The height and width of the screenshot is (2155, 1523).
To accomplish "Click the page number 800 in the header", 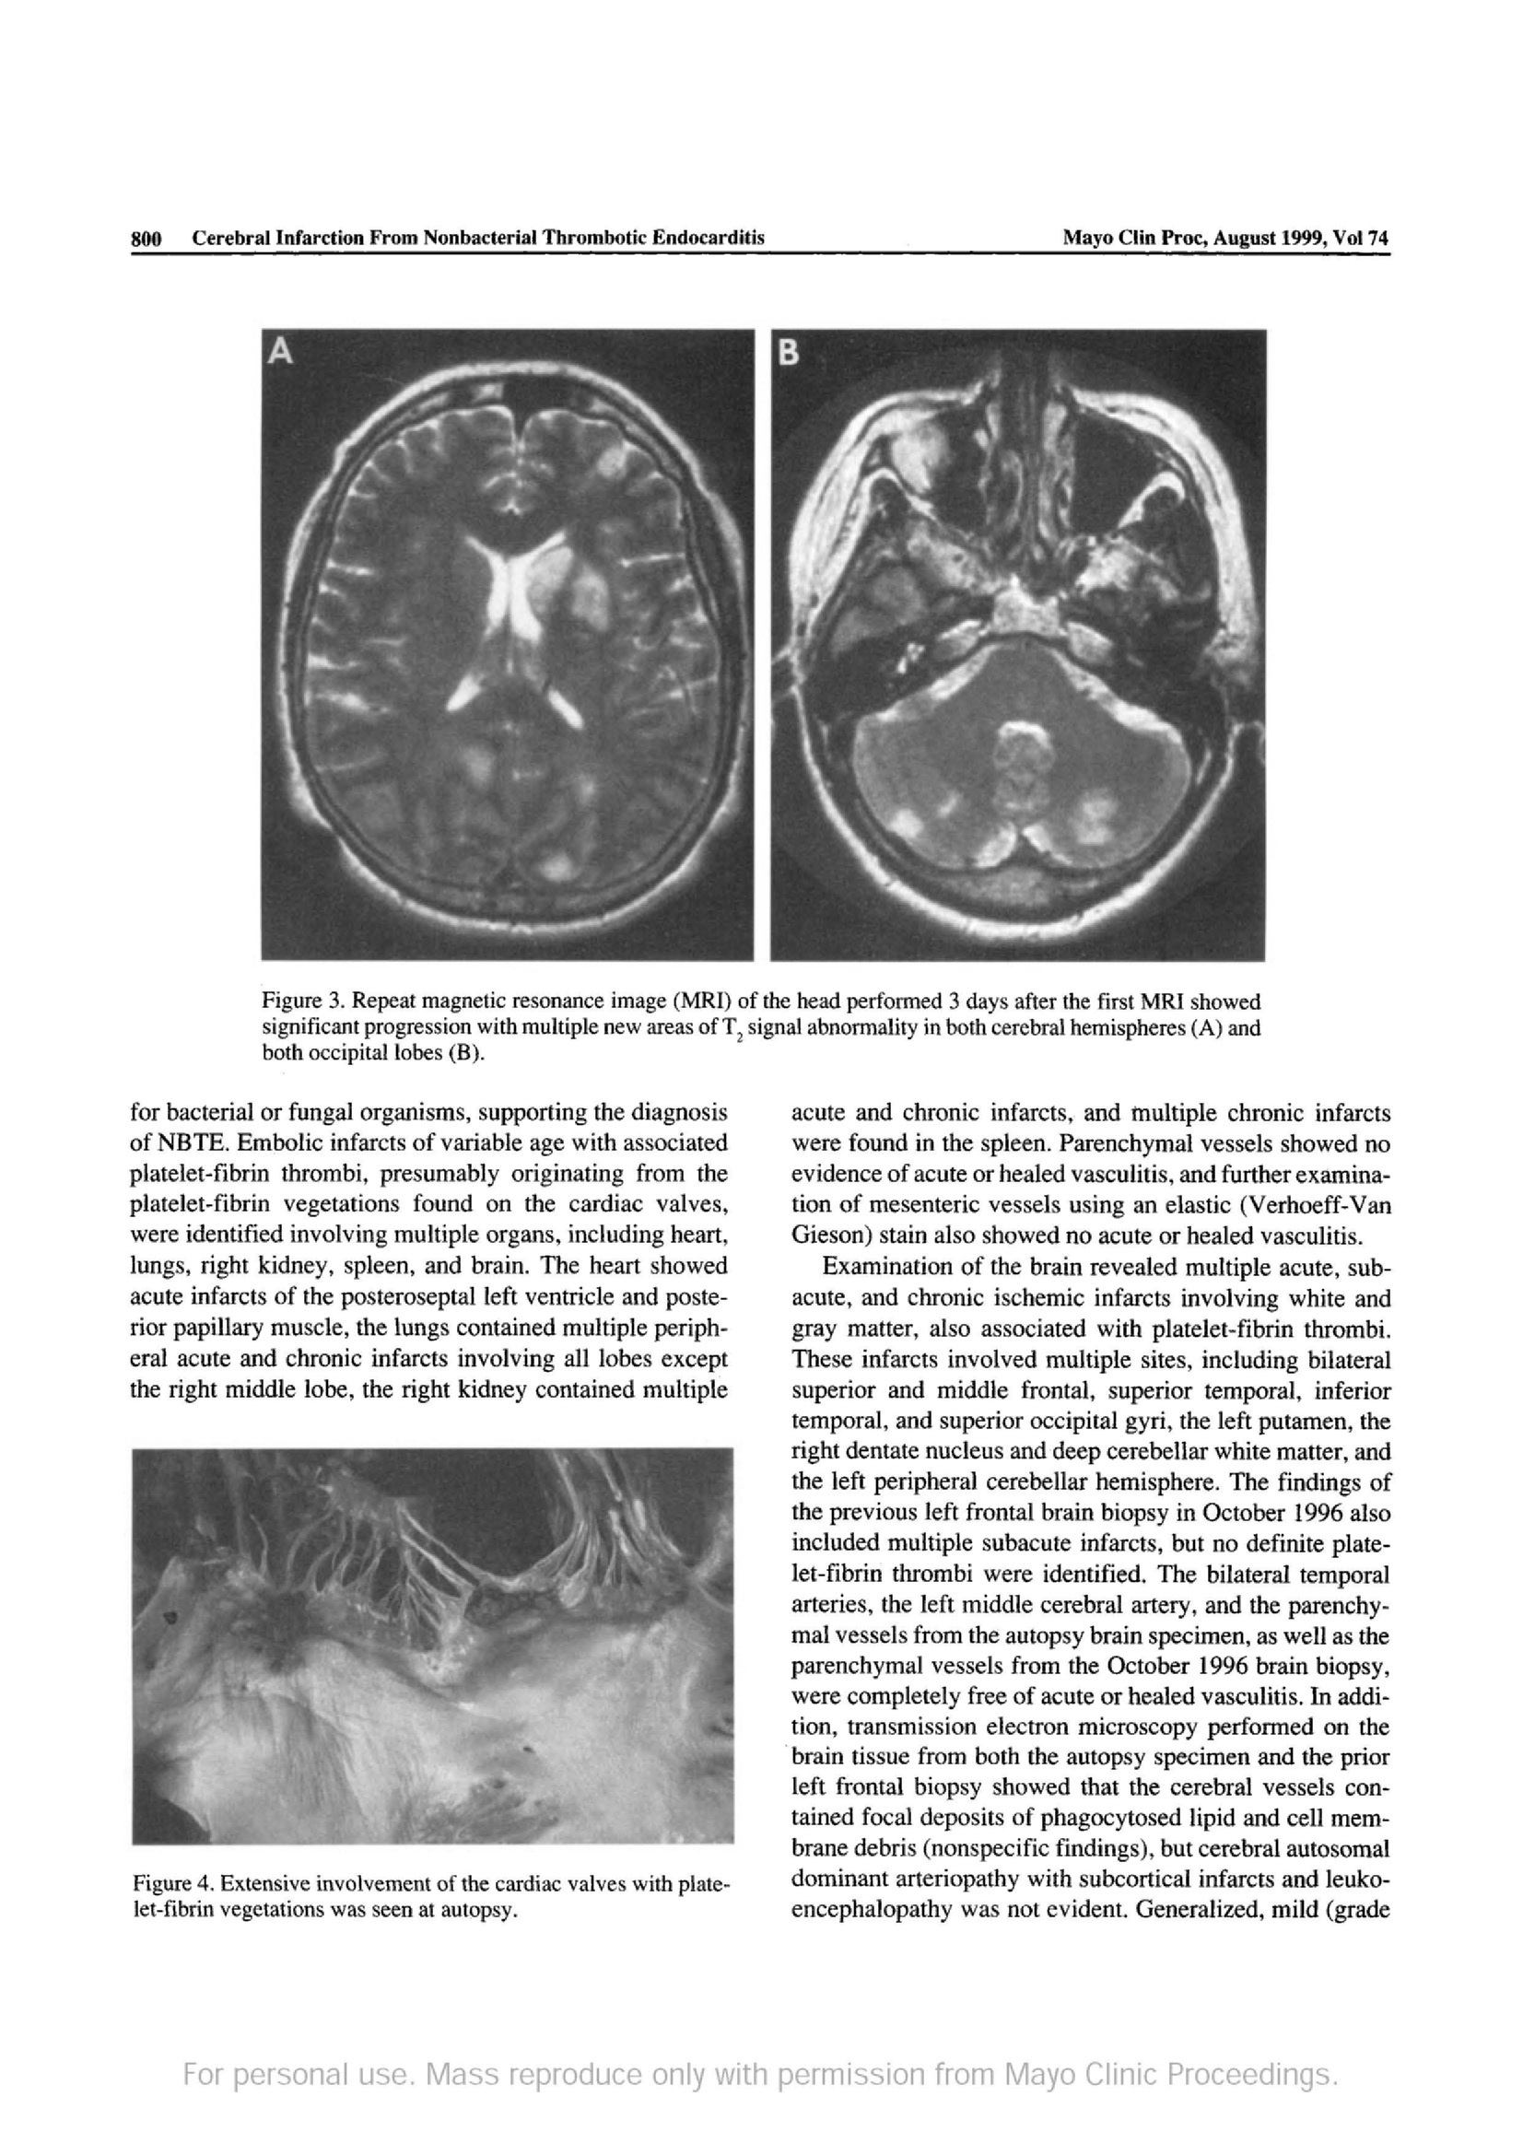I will point(146,239).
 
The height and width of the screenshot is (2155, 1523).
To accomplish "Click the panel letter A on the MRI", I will point(280,352).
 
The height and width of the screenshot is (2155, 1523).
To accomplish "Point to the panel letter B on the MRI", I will point(790,353).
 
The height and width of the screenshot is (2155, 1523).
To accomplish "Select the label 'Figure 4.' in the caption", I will point(164,1884).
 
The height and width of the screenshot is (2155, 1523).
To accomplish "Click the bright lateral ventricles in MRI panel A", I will point(511,587).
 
